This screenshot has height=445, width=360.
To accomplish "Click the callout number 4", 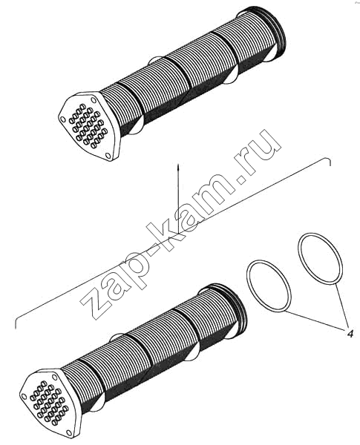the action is [x=350, y=334].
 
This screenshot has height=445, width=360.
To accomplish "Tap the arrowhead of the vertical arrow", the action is [x=177, y=167].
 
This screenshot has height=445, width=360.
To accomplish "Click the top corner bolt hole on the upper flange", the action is [x=94, y=102].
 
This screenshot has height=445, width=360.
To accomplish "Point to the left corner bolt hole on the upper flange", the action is [x=62, y=119].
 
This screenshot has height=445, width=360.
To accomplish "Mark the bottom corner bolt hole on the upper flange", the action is [x=108, y=155].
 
